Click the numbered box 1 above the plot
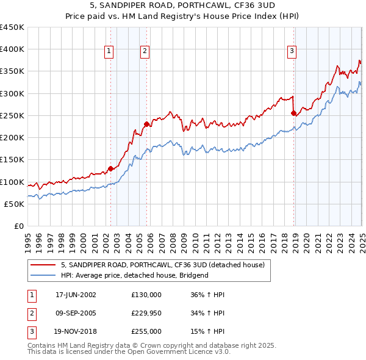109,51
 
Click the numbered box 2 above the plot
145,51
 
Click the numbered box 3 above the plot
292,51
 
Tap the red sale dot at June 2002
110,168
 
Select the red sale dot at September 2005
146,124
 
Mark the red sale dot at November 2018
293,113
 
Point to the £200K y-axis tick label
12,138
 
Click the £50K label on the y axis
15,204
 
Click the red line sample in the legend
43,265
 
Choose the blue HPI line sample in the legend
43,276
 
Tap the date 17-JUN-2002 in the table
76,295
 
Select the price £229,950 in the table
146,313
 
